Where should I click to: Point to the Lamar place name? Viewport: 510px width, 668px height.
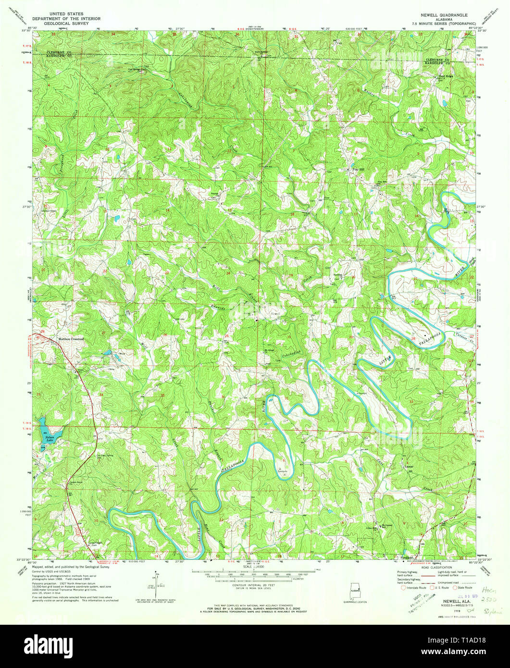pyautogui.click(x=409, y=466)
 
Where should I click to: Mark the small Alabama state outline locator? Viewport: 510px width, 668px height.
pyautogui.click(x=356, y=592)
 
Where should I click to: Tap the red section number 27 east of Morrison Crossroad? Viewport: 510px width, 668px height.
pyautogui.click(x=103, y=333)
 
